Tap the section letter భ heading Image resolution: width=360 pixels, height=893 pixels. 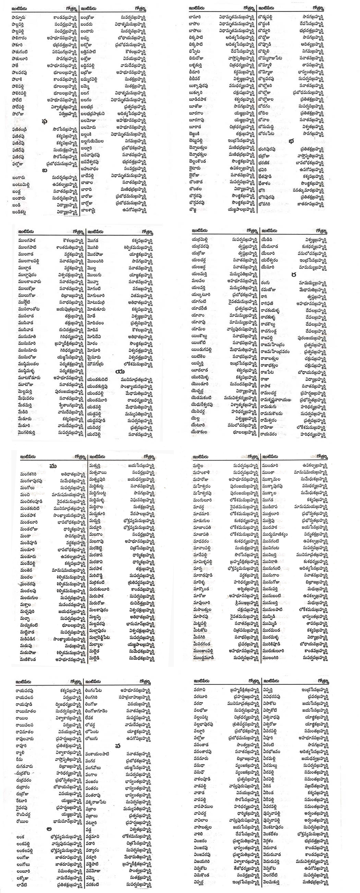[290, 140]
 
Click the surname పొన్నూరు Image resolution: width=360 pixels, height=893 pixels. [20, 17]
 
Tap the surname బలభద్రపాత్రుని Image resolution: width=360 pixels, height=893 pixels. [93, 113]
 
